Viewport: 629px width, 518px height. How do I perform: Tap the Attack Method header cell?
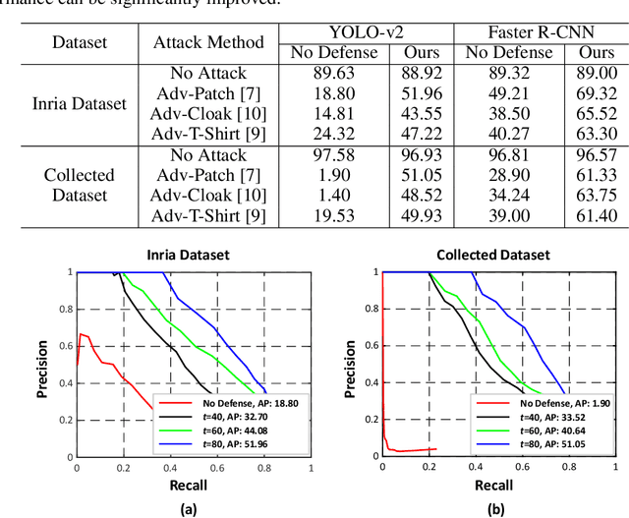[208, 42]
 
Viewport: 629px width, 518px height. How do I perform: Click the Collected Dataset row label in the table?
[80, 186]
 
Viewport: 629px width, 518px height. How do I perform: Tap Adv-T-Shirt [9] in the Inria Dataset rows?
[208, 132]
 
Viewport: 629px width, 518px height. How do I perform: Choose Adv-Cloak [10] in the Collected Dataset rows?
[208, 196]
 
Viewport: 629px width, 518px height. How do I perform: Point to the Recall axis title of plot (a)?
[193, 486]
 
